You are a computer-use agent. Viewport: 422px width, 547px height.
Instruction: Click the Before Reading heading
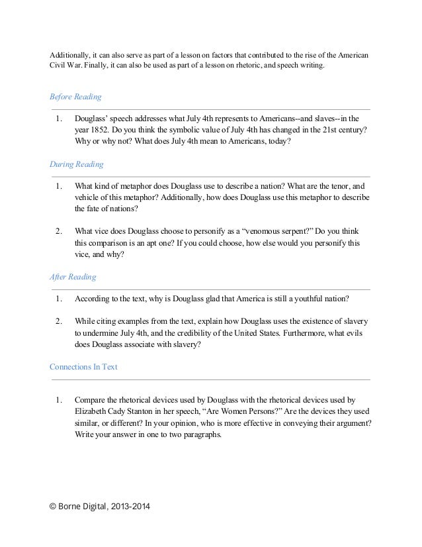[75, 97]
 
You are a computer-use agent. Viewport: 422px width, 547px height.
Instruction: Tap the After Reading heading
[73, 276]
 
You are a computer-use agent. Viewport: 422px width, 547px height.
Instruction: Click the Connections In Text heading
[83, 366]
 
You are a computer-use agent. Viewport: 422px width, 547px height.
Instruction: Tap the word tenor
[327, 185]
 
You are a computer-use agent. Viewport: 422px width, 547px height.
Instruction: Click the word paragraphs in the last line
[202, 435]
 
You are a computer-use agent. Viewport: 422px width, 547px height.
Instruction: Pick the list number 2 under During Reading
[59, 231]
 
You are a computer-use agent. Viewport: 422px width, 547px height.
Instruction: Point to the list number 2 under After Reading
[59, 321]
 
